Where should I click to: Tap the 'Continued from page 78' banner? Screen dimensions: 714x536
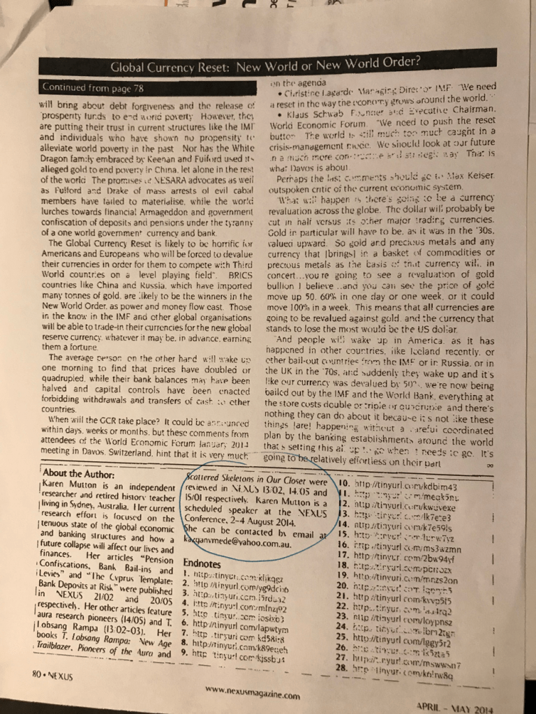[x=91, y=88]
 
